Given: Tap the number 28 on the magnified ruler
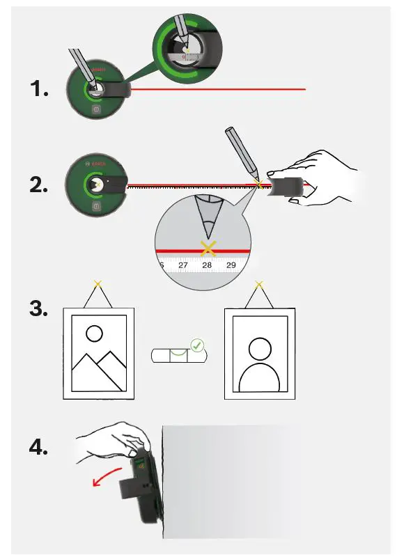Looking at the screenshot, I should click(207, 265).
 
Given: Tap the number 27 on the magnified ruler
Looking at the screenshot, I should click(183, 265).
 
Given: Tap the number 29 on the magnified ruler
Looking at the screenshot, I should click(231, 265).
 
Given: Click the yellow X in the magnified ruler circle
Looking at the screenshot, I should click(207, 248).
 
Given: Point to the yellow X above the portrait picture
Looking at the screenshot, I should click(259, 284).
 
